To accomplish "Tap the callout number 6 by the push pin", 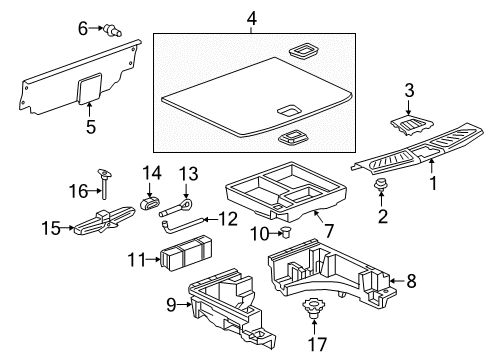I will pyautogui.click(x=83, y=29).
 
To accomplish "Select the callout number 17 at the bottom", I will pyautogui.click(x=317, y=345).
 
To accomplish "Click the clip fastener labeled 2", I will pyautogui.click(x=380, y=186).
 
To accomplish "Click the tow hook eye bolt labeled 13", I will pyautogui.click(x=182, y=206).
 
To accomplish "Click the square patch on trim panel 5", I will pyautogui.click(x=89, y=88).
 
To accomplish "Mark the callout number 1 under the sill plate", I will pyautogui.click(x=434, y=183).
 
